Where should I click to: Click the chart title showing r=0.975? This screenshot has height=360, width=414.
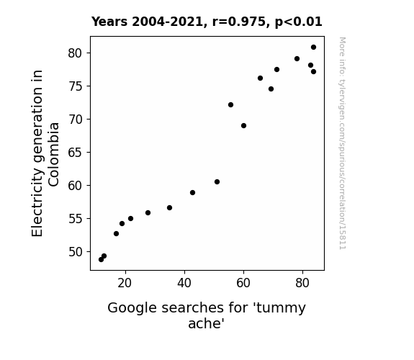tap(207, 22)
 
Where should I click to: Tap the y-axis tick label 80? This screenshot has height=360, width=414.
tap(76, 53)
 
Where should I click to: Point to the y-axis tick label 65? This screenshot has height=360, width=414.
tap(76, 153)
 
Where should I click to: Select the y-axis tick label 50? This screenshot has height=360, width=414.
tap(76, 252)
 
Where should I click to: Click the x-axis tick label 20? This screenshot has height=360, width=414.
tap(125, 283)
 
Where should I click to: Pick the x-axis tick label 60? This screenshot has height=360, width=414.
tap(243, 283)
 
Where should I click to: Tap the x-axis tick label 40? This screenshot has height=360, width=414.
tap(184, 283)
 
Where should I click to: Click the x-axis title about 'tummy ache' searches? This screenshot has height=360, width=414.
tap(207, 315)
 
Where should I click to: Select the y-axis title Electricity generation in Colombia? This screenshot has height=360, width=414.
tap(45, 153)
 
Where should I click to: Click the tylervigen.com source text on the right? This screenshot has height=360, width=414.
tap(342, 143)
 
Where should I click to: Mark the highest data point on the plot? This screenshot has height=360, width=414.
tap(313, 48)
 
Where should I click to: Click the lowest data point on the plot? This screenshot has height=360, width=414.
tap(101, 260)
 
